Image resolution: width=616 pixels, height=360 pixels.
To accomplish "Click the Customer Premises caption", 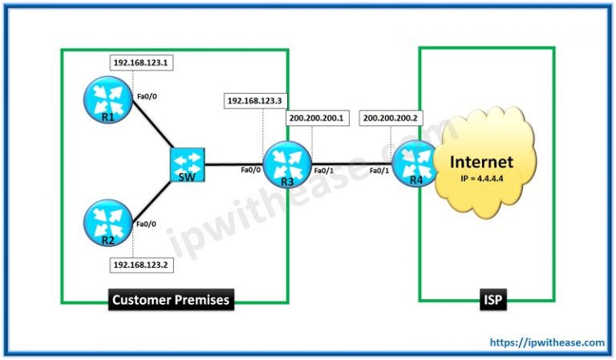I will [170, 300].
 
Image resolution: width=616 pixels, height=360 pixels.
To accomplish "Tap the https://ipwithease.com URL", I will [547, 342].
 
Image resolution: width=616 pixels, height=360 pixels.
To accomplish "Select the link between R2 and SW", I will [152, 199].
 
